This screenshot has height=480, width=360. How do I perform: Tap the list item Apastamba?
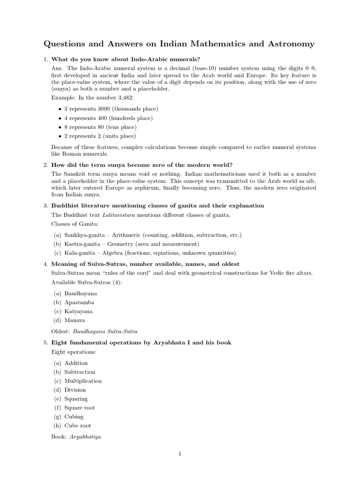(x=80, y=302)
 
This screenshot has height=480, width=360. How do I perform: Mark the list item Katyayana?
(x=79, y=311)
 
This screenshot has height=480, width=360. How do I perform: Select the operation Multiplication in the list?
(x=83, y=381)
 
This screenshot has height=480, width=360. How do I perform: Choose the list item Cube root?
(x=78, y=426)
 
